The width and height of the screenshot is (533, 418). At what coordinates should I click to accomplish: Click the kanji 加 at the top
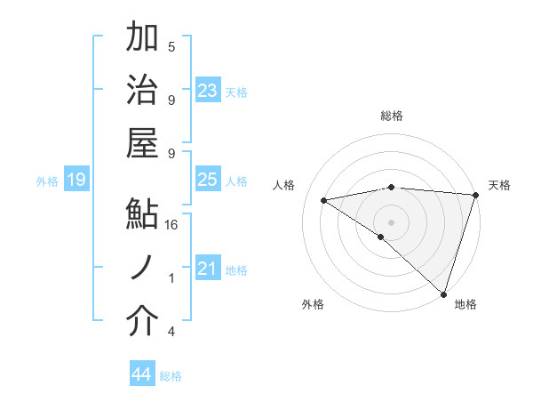click(x=142, y=38)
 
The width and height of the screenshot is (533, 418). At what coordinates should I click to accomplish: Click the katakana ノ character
click(x=142, y=268)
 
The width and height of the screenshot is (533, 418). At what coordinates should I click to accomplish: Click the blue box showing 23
click(x=208, y=90)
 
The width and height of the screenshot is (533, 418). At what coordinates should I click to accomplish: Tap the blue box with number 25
click(x=208, y=180)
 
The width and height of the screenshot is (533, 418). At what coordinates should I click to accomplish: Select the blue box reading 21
click(x=208, y=268)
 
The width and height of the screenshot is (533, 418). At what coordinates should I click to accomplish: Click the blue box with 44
click(x=141, y=374)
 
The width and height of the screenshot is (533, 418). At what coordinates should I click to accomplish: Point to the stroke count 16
click(x=172, y=225)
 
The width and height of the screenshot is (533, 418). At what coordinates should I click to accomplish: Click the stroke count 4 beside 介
click(x=171, y=332)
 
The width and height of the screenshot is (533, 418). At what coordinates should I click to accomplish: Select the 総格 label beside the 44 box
click(x=171, y=376)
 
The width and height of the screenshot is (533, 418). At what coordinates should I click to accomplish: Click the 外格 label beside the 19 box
click(x=47, y=181)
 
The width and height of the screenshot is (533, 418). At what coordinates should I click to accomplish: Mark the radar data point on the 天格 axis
click(x=475, y=195)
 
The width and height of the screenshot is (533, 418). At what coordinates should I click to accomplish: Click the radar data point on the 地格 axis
click(x=443, y=293)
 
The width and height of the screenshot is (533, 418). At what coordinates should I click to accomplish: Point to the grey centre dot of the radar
click(x=391, y=221)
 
